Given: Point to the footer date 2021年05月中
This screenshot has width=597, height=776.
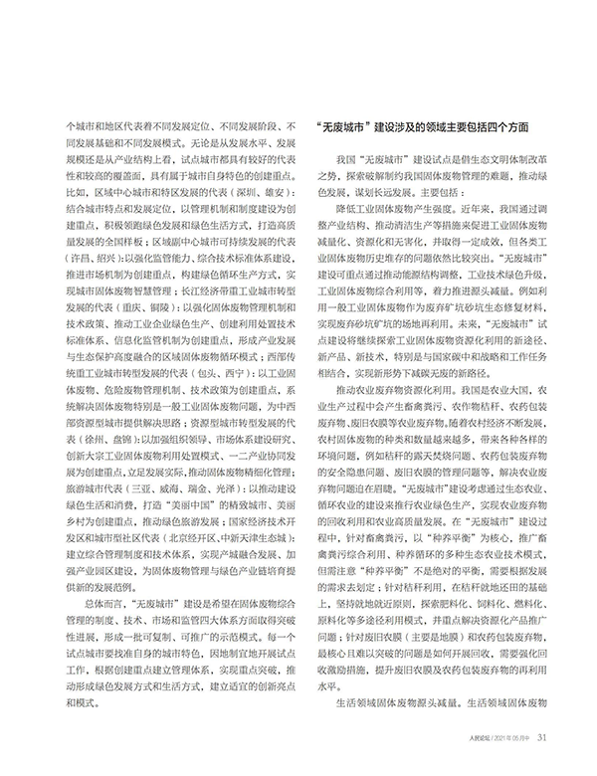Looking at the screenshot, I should (x=511, y=764).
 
